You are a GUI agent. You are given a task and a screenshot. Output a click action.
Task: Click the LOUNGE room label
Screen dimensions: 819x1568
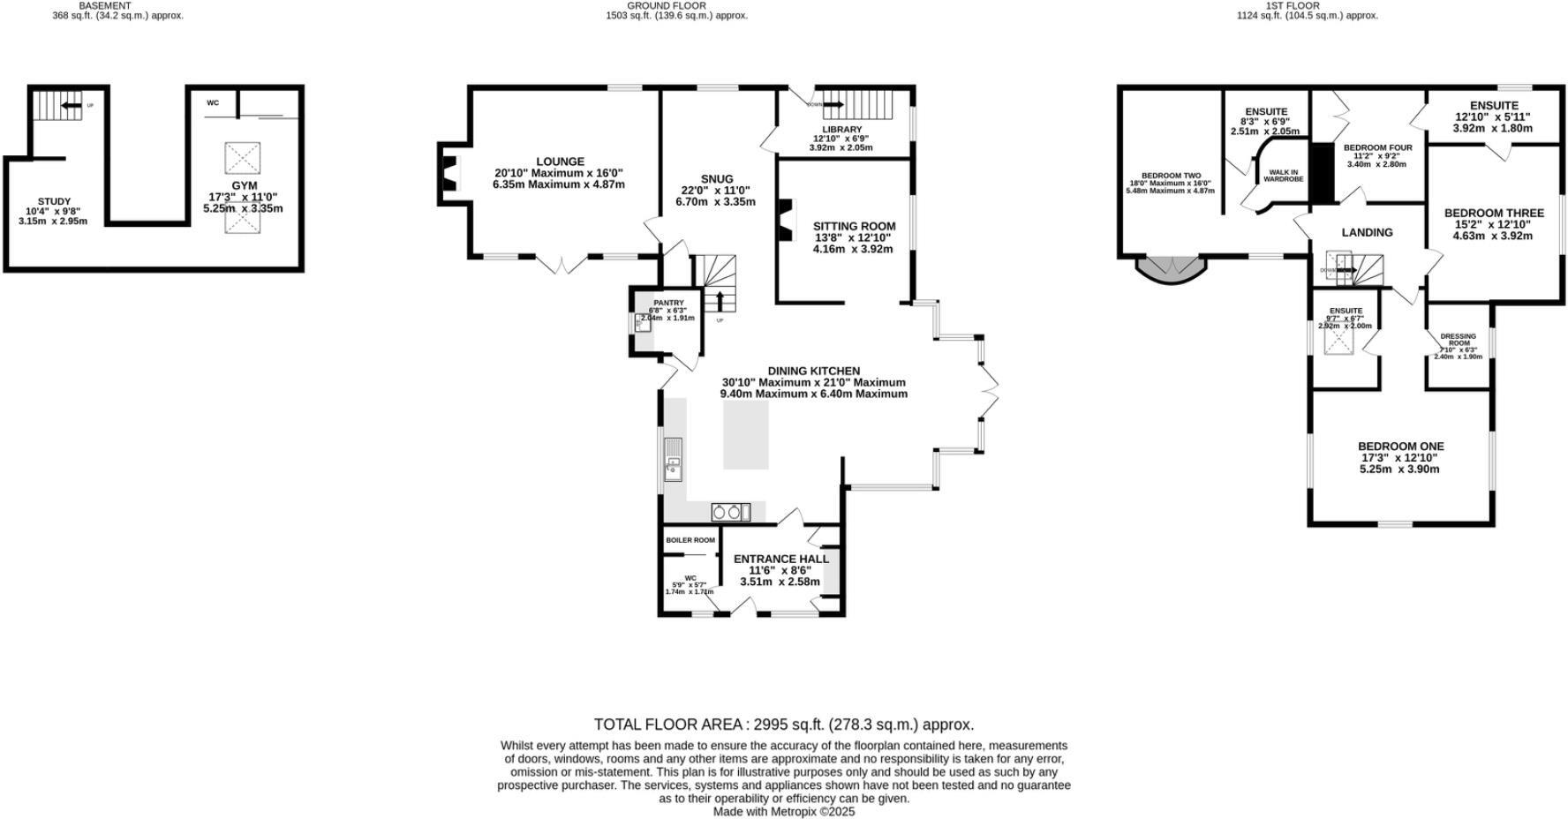pyautogui.click(x=559, y=162)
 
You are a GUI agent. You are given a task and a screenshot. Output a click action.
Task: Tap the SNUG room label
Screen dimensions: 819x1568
pyautogui.click(x=717, y=179)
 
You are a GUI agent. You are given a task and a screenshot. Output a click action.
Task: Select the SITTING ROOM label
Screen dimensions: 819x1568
pyautogui.click(x=854, y=227)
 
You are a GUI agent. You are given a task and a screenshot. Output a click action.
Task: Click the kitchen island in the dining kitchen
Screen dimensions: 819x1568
pyautogui.click(x=746, y=433)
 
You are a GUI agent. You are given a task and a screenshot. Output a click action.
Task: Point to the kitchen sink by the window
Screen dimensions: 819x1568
pyautogui.click(x=674, y=459)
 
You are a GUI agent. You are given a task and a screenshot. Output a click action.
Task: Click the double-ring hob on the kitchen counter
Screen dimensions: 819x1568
pyautogui.click(x=727, y=512)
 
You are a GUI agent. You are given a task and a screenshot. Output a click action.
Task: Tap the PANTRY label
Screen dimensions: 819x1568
pyautogui.click(x=668, y=303)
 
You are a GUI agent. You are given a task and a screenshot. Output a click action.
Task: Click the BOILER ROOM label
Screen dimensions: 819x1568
pyautogui.click(x=690, y=540)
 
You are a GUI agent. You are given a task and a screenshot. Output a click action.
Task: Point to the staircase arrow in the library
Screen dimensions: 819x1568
pyautogui.click(x=834, y=106)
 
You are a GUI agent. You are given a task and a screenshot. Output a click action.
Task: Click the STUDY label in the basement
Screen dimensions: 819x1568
pyautogui.click(x=54, y=202)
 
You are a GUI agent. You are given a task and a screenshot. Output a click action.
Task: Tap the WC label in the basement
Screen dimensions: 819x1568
pyautogui.click(x=213, y=103)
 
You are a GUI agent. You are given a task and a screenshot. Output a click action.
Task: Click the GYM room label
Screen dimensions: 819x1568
pyautogui.click(x=245, y=185)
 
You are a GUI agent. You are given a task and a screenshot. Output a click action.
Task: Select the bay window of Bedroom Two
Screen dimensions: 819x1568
pyautogui.click(x=1171, y=270)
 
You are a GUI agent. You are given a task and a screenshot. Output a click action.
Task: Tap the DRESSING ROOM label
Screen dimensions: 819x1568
pyautogui.click(x=1458, y=340)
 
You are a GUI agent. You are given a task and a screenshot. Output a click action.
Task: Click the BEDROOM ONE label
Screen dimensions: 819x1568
pyautogui.click(x=1400, y=447)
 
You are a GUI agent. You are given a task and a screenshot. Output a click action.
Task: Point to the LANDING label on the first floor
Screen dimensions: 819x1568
pyautogui.click(x=1367, y=233)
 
